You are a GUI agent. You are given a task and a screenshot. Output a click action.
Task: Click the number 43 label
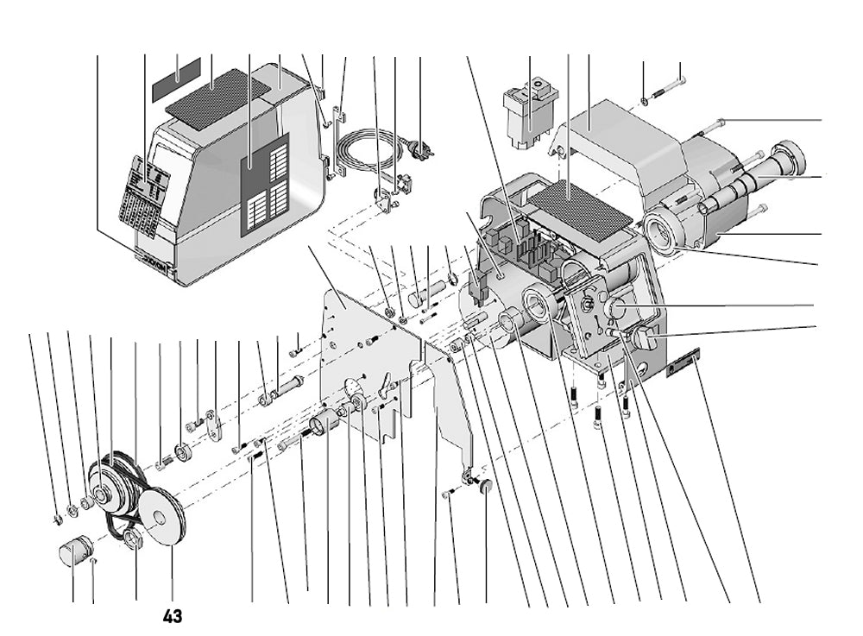coord(172,616)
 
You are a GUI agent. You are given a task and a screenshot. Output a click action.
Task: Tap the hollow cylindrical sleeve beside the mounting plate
coord(325,425)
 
